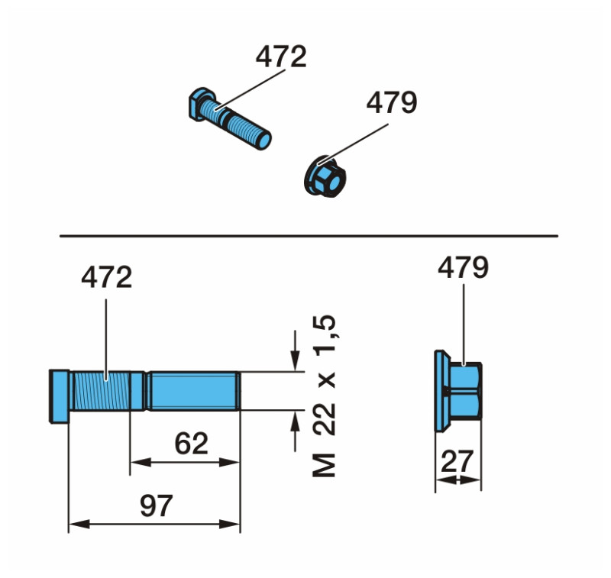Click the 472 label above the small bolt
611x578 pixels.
tap(280, 57)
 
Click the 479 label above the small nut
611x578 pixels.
tap(392, 102)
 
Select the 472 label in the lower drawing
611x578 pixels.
tap(106, 278)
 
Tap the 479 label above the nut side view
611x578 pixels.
tap(463, 268)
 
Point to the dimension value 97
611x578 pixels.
tap(156, 505)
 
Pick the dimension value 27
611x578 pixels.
tap(458, 461)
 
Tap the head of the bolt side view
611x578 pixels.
tap(60, 394)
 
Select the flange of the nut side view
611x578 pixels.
tap(439, 389)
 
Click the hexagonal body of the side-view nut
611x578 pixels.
tap(463, 389)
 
